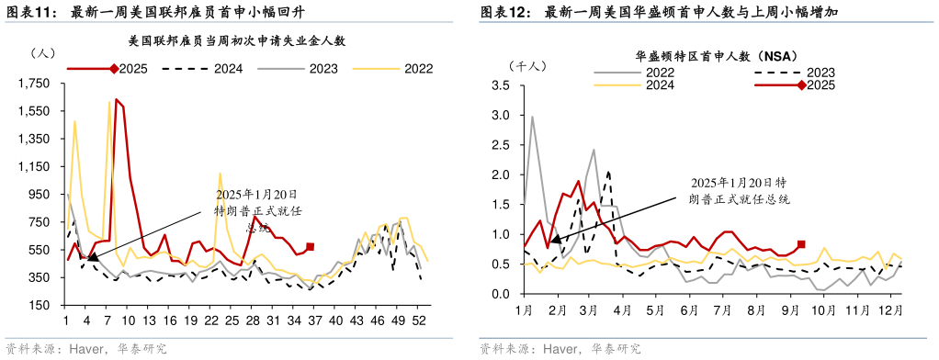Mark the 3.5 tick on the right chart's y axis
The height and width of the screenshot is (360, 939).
click(x=501, y=85)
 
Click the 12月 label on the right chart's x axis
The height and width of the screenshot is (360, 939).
click(x=890, y=311)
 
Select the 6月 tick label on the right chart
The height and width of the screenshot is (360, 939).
click(x=687, y=311)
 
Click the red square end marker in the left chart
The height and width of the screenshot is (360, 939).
click(x=311, y=246)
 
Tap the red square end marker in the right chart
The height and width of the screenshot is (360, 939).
click(x=801, y=244)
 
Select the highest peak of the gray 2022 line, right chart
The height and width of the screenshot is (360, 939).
click(x=533, y=117)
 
